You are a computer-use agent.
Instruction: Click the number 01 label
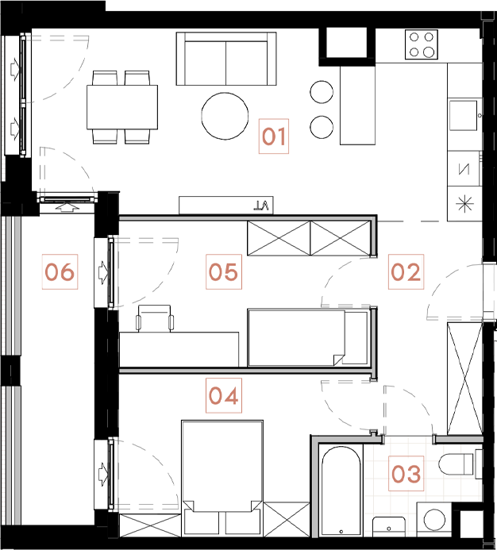point(273,137)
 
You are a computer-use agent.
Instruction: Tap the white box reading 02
point(405,272)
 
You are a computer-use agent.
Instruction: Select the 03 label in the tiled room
point(406,475)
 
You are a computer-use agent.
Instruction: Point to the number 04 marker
point(223,394)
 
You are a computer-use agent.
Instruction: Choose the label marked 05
point(223,272)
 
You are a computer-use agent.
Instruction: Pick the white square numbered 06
point(59,272)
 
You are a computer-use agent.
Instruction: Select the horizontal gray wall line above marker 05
point(246,217)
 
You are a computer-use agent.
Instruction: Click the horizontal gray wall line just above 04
point(246,370)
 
